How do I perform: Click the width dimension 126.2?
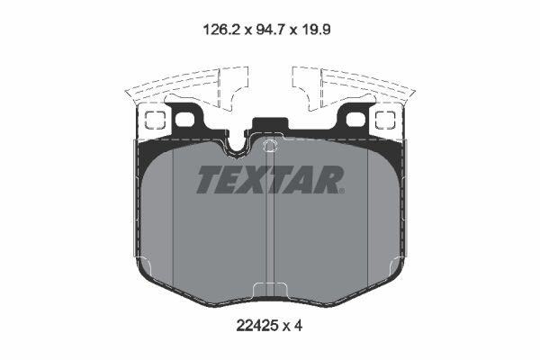click(x=219, y=29)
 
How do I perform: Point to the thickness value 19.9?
click(x=319, y=29)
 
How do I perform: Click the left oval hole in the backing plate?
click(x=185, y=119)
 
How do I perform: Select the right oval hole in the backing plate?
click(x=355, y=119)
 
